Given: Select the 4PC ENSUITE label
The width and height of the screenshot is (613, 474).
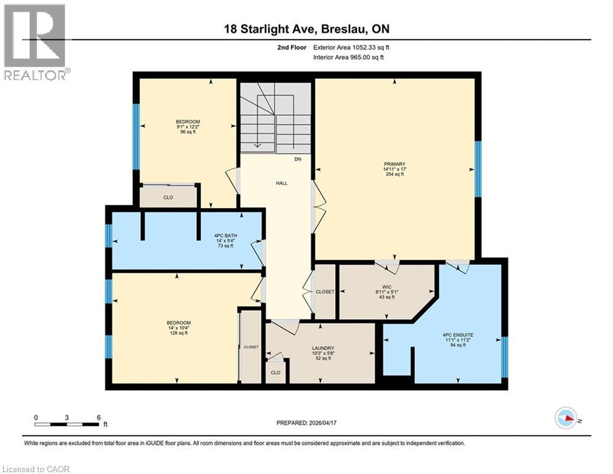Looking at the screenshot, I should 457,336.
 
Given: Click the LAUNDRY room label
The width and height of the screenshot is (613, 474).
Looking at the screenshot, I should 323,347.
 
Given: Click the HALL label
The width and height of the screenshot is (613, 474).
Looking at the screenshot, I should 281,183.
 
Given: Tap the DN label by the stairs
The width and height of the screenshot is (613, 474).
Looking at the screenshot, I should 297,159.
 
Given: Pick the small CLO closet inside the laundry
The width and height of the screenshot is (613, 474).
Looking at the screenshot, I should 275,372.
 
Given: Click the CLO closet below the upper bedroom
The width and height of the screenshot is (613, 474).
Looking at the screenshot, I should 168,197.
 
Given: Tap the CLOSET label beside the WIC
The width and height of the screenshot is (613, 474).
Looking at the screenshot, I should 325,292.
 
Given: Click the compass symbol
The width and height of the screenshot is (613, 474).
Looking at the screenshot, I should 567,418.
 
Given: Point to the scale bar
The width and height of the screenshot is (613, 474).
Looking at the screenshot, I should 67,423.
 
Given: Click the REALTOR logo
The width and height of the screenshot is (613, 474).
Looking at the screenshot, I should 35,43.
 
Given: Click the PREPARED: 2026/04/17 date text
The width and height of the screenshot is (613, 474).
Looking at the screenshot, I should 307,423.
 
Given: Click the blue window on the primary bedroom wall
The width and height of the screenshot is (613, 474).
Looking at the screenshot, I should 477,168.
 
